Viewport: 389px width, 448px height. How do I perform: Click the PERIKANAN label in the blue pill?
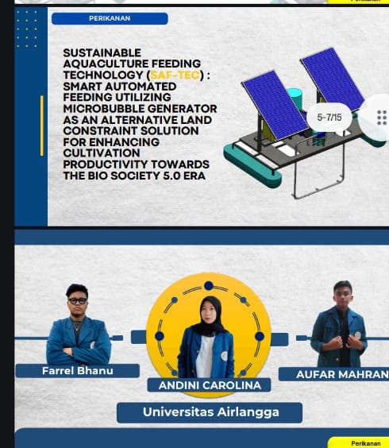110,18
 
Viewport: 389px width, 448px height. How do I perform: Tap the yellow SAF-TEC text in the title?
175,75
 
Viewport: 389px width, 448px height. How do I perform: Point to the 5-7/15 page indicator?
329,117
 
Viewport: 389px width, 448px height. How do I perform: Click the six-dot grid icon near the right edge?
382,118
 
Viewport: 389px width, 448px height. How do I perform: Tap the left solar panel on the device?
275,105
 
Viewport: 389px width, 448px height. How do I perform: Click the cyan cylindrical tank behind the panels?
295,98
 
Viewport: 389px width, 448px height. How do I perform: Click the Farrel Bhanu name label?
77,371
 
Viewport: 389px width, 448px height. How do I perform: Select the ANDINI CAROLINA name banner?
210,385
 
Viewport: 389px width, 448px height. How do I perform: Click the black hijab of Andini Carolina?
211,315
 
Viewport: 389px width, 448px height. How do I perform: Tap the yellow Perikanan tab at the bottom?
360,443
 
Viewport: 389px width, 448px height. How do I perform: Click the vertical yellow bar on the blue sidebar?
42,126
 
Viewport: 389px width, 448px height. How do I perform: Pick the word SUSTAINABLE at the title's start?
102,53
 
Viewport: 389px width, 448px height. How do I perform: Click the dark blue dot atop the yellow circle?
209,285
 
